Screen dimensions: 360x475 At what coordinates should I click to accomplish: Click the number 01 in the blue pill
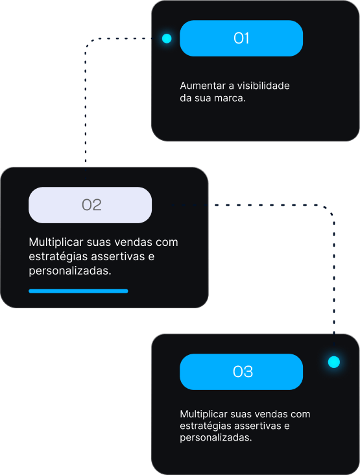(241, 38)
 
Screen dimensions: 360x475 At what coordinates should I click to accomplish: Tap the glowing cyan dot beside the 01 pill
(167, 38)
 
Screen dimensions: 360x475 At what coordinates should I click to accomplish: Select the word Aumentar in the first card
(202, 86)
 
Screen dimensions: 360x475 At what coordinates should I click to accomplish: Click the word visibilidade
(263, 86)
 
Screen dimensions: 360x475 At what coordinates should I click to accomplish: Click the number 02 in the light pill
(91, 205)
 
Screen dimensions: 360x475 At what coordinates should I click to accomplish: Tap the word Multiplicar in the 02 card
(56, 242)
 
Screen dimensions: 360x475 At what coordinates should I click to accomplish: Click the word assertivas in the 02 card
(118, 256)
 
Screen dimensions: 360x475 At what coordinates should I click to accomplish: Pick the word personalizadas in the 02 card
(70, 271)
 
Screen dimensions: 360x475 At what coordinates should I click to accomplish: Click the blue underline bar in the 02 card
(78, 291)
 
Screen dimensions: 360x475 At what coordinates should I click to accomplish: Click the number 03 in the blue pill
(243, 372)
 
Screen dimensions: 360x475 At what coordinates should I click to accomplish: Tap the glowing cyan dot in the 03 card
(334, 362)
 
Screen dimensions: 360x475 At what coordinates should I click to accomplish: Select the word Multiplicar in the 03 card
(204, 414)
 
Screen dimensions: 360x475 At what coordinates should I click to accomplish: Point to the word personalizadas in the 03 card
(215, 438)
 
